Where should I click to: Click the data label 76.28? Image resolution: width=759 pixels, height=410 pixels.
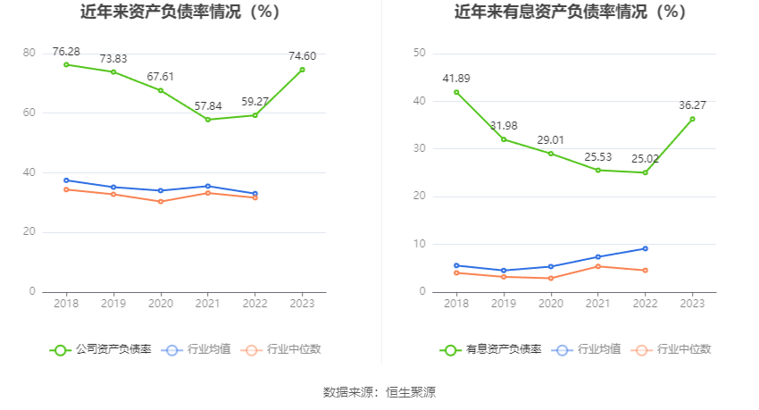click(x=66, y=51)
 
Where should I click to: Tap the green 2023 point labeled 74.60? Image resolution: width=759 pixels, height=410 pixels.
click(x=303, y=70)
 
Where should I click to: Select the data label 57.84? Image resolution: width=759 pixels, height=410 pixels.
click(x=208, y=105)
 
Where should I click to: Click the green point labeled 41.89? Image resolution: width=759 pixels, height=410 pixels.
click(x=456, y=92)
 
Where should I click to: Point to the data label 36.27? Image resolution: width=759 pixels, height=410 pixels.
click(x=693, y=105)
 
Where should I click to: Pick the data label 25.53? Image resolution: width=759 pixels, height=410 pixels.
click(x=598, y=156)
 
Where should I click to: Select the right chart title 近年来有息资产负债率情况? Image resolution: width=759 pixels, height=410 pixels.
click(x=571, y=13)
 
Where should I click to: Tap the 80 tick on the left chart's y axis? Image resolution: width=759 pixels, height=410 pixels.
click(x=29, y=54)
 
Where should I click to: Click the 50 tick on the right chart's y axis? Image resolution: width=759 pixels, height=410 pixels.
click(x=419, y=54)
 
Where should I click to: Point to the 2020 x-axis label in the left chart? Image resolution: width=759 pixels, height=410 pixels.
click(x=161, y=304)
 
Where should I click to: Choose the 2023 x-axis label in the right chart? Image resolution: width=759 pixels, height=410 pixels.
click(x=693, y=304)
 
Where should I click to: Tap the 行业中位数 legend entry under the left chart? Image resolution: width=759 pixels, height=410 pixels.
click(x=282, y=349)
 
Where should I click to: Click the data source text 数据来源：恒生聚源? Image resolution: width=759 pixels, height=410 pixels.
click(x=379, y=392)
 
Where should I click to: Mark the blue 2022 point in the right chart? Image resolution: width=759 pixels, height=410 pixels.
click(x=646, y=248)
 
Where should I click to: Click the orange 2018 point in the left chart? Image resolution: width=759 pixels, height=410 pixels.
click(x=66, y=189)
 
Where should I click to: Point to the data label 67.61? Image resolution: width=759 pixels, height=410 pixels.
click(x=161, y=77)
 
